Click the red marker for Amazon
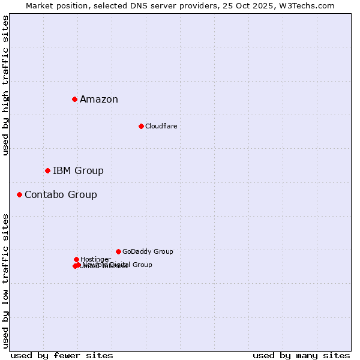pyautogui.click(x=74, y=99)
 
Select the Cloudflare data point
pyautogui.click(x=141, y=126)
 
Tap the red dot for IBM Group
pyautogui.click(x=47, y=171)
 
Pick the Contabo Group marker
pyautogui.click(x=19, y=194)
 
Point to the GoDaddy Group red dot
pyautogui.click(x=118, y=251)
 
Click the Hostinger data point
pyautogui.click(x=76, y=259)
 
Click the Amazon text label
pyautogui.click(x=99, y=100)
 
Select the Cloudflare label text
pyautogui.click(x=161, y=126)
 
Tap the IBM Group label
pyautogui.click(x=78, y=171)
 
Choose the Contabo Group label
pyautogui.click(x=61, y=195)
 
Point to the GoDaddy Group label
pyautogui.click(x=148, y=252)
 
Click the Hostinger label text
pyautogui.click(x=95, y=259)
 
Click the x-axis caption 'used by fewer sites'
pyautogui.click(x=62, y=356)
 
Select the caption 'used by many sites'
pyautogui.click(x=301, y=356)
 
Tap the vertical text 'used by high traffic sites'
pyautogui.click(x=6, y=86)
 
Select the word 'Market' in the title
pyautogui.click(x=39, y=5)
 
